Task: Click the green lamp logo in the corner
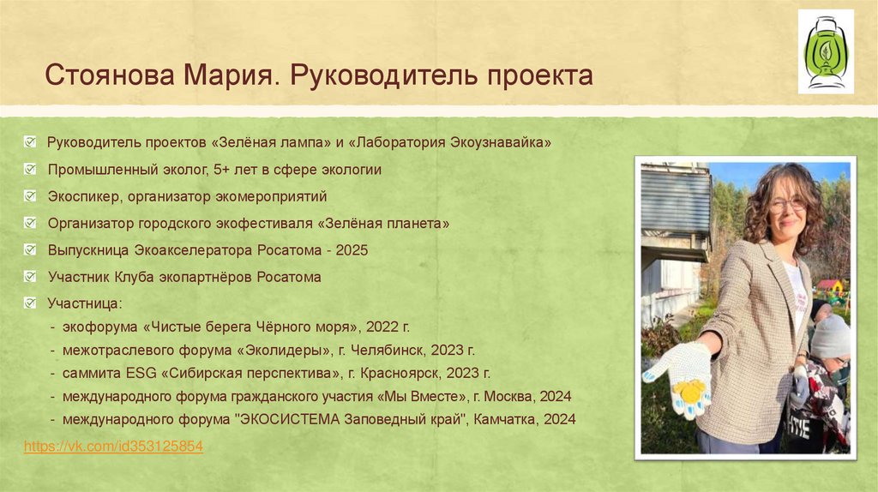click(825, 51)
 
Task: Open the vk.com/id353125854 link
click(113, 447)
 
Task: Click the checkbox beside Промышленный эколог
click(31, 170)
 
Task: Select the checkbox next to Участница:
click(31, 303)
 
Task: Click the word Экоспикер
click(86, 196)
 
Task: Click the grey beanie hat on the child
click(831, 337)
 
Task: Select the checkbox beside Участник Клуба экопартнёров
click(31, 277)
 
